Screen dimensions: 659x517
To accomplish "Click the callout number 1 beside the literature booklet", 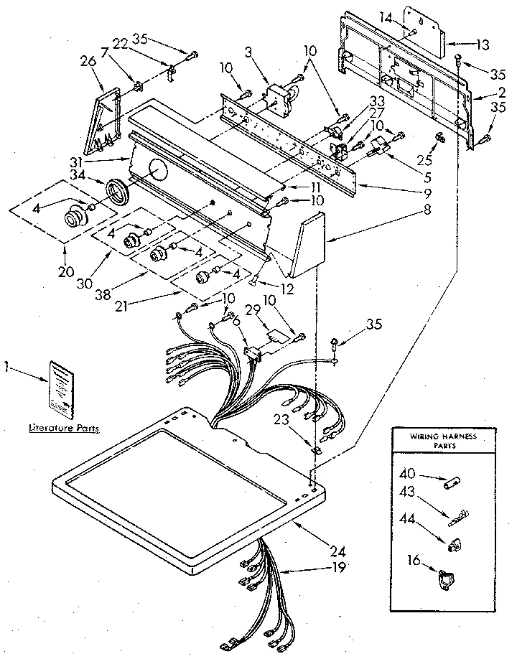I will click(x=6, y=367).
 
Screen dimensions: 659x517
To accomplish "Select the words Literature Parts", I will click(x=64, y=428).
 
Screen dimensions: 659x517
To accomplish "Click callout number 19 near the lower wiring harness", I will click(x=337, y=567).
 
